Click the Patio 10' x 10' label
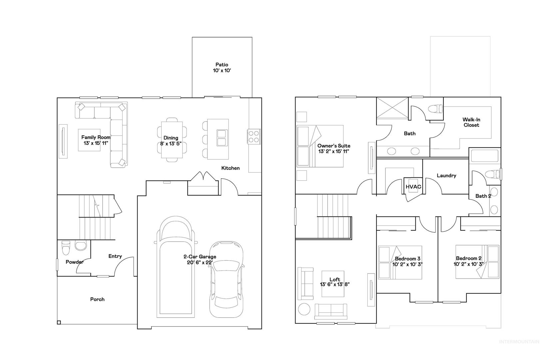click(222, 68)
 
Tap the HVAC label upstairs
click(413, 187)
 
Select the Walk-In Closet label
click(471, 122)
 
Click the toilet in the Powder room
click(66, 248)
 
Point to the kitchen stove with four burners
click(254, 137)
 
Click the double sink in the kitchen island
click(222, 138)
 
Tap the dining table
click(172, 140)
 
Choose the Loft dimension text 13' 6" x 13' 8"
click(334, 284)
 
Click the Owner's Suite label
click(334, 146)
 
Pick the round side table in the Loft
click(304, 309)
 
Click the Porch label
click(97, 299)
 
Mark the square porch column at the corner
click(59, 322)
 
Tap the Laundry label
click(446, 176)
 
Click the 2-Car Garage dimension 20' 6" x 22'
click(200, 263)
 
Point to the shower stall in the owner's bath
click(392, 108)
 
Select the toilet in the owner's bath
click(436, 109)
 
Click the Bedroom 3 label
click(407, 259)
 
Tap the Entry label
click(115, 256)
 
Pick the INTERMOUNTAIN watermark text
click(519, 342)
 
